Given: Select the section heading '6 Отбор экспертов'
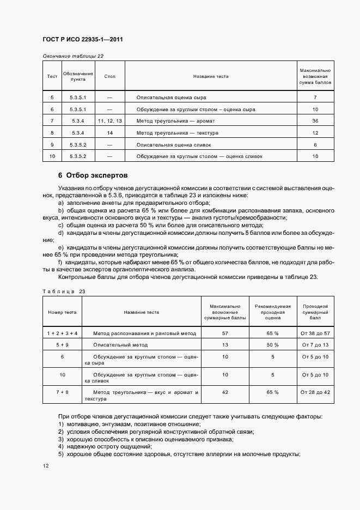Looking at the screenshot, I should pos(93,176).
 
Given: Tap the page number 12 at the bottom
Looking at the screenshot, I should pos(45,466).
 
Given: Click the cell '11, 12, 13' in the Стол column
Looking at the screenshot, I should pos(110,120).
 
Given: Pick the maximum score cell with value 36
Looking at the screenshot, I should pos(315,120).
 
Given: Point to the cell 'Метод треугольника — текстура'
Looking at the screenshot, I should pos(178,132).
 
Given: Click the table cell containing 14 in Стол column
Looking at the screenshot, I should pos(110,132).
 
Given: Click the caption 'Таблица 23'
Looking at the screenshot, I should pos(64,292).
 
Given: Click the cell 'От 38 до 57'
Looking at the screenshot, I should pos(315,332).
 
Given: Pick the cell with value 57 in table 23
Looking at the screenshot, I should pos(225,332).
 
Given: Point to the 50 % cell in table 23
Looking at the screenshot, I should pos(272,345).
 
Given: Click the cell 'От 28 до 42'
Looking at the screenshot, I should pos(315,391).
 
